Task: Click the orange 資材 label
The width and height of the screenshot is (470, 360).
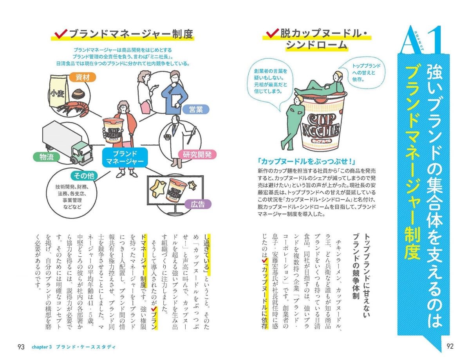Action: [82, 77]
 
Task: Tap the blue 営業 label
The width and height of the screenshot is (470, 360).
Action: [195, 110]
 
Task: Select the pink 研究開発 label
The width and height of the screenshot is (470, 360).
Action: [197, 155]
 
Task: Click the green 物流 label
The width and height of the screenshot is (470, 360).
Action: [47, 157]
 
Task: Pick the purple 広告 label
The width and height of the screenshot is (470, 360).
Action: [198, 204]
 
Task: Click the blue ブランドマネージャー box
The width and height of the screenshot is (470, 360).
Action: [125, 158]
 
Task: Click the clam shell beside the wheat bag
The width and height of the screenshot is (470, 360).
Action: [78, 94]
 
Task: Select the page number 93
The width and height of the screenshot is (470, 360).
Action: [21, 347]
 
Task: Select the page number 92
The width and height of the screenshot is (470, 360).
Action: [450, 346]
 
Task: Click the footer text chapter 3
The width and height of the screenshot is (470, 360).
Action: [42, 347]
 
